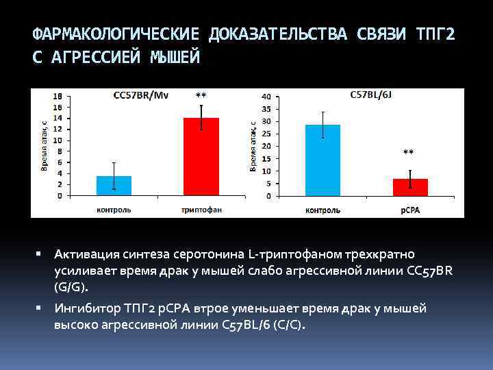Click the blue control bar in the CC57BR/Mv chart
[114, 186]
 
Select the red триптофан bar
[201, 157]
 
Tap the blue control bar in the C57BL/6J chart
[323, 160]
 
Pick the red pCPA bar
[410, 187]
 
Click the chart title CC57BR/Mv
[140, 95]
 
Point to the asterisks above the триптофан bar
[201, 95]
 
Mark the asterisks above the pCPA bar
[409, 152]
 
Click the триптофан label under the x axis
[201, 209]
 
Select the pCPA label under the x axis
[409, 210]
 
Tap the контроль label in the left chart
[114, 209]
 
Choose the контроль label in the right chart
[323, 210]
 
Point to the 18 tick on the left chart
[58, 96]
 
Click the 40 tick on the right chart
[266, 97]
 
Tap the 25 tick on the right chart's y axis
[266, 134]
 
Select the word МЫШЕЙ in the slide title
[174, 58]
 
